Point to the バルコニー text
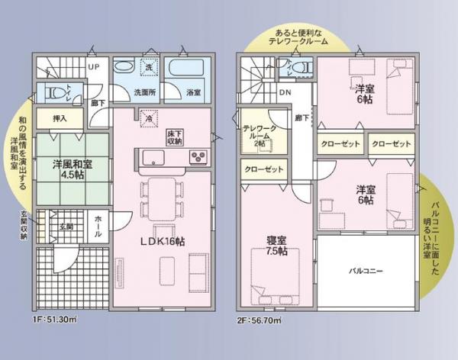[x=366, y=271]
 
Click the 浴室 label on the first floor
[x=192, y=92]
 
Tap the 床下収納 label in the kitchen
[x=175, y=138]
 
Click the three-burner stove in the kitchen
[x=198, y=158]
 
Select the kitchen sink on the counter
[x=152, y=158]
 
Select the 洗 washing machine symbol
[x=150, y=66]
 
